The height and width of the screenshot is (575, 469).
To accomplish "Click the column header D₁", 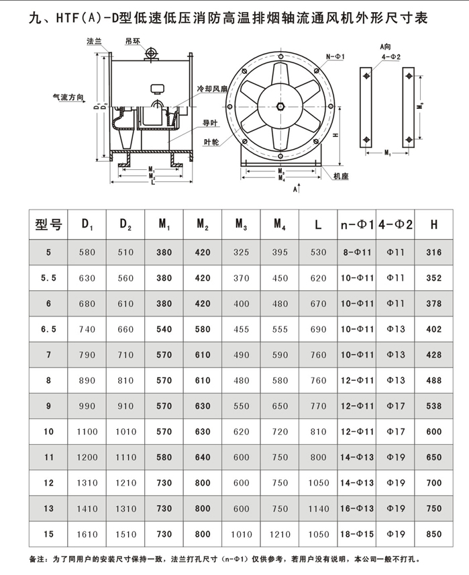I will (87, 225).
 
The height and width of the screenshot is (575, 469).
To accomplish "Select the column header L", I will (318, 225).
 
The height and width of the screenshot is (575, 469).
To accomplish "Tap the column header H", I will (434, 225).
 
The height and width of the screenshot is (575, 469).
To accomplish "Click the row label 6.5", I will (48, 329).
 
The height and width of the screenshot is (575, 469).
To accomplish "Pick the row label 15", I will (48, 534).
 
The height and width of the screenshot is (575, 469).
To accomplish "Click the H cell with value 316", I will (434, 253).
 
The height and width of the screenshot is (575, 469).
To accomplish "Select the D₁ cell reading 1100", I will (87, 432).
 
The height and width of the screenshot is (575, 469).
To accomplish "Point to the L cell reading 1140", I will (318, 508).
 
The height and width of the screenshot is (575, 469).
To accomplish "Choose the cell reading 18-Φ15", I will (356, 534).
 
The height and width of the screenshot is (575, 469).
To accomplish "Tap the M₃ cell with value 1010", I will (242, 534).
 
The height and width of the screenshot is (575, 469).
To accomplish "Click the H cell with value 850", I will (434, 534).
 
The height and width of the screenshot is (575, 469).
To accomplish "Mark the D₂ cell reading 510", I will (125, 253).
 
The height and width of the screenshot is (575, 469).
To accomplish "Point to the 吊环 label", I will (132, 41).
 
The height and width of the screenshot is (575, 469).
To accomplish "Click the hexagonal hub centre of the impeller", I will (280, 105).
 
